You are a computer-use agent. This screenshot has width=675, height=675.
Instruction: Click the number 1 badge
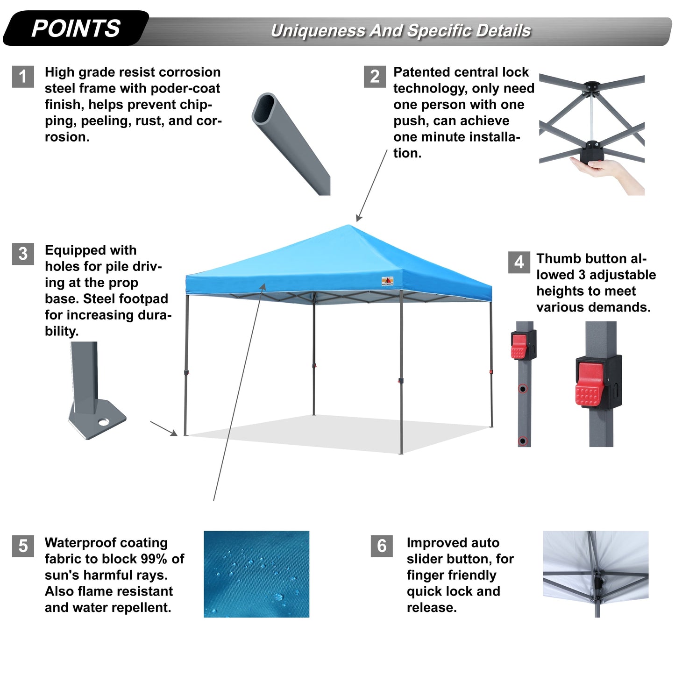(x=23, y=77)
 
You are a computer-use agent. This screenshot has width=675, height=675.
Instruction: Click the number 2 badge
(x=375, y=77)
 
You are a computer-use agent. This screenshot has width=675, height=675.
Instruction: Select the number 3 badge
(x=23, y=254)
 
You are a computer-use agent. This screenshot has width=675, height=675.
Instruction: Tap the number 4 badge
(x=519, y=262)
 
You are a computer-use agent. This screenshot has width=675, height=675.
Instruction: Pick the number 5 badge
(x=23, y=546)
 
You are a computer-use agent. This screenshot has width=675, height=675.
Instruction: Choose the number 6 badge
(x=382, y=546)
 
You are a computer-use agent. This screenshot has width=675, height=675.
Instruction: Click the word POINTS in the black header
(x=76, y=28)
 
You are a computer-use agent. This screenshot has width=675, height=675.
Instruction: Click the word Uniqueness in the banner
(x=318, y=31)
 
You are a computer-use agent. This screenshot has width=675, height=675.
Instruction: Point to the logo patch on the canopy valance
(x=387, y=281)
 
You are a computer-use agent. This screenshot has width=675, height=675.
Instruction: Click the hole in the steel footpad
(x=103, y=422)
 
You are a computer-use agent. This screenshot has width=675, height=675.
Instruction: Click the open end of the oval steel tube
(x=264, y=108)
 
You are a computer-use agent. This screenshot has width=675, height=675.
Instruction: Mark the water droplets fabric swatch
(x=256, y=574)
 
